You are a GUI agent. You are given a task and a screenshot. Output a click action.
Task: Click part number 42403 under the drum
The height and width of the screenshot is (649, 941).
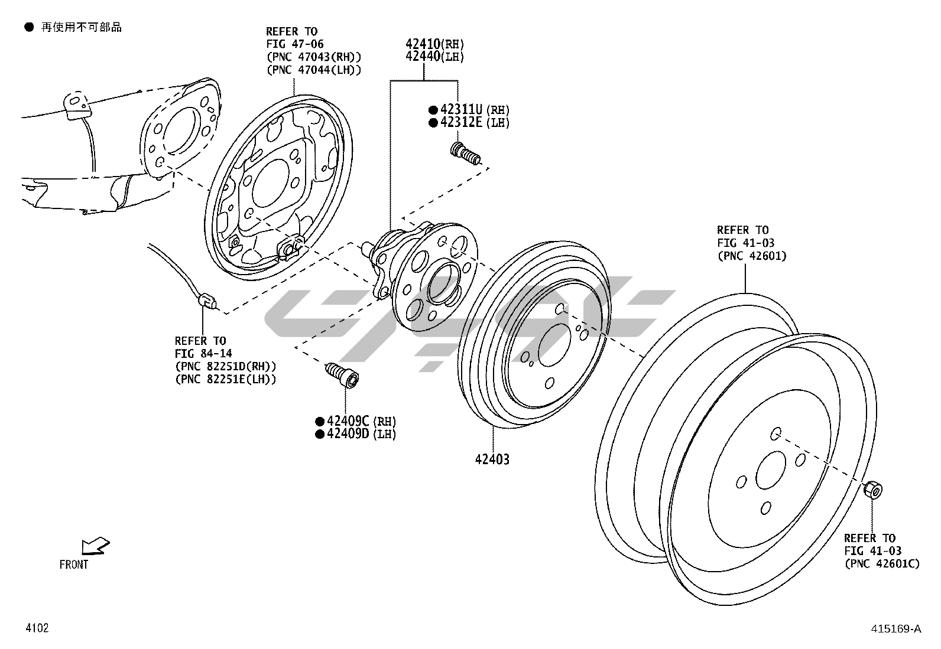coord(491,459)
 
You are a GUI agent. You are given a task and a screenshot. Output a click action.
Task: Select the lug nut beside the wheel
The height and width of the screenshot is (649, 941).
coord(872,490)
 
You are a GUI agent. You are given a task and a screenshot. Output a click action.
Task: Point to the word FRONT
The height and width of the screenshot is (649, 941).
coord(74,565)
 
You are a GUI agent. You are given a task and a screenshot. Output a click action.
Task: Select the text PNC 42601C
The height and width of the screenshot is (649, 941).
coord(881,564)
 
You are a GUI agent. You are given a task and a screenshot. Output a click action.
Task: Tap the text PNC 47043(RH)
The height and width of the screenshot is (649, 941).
coord(313,57)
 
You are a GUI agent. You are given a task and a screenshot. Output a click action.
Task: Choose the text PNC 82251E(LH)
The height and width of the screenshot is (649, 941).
coord(225,380)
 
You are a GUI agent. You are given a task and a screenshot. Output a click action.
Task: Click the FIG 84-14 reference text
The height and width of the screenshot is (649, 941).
coord(203,354)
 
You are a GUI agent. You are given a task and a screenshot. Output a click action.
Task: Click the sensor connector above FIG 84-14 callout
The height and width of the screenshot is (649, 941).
coord(207,301)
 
